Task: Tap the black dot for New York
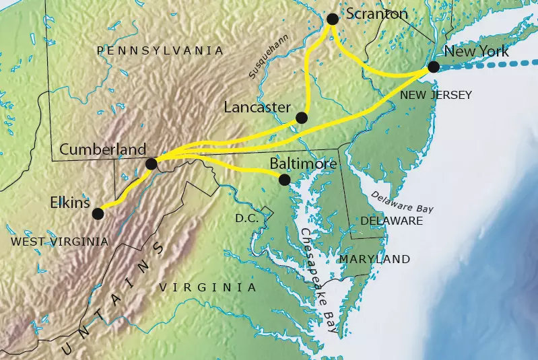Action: tap(434, 66)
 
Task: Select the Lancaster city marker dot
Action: tap(301, 118)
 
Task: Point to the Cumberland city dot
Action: tap(152, 163)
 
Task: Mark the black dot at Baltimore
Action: tap(284, 179)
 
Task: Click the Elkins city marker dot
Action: tap(98, 213)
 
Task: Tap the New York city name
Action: tap(476, 52)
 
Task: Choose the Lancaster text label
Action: tap(257, 107)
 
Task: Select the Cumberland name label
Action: tap(102, 149)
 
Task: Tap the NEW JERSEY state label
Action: tap(436, 95)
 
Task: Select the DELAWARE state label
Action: tap(392, 221)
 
